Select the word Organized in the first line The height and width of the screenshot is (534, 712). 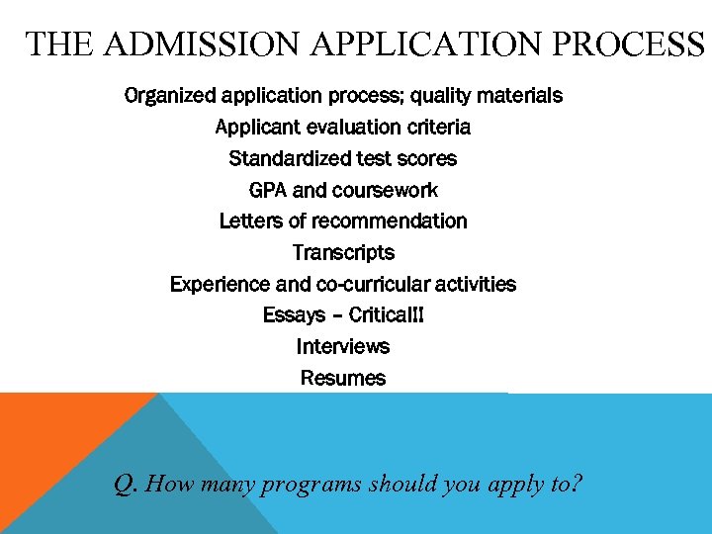pyautogui.click(x=169, y=96)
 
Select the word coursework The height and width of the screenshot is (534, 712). pyautogui.click(x=385, y=190)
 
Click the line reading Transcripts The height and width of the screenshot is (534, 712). pyautogui.click(x=343, y=252)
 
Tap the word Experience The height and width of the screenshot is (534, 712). pyautogui.click(x=220, y=284)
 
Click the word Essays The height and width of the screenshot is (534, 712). pyautogui.click(x=294, y=315)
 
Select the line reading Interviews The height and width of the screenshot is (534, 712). pyautogui.click(x=343, y=347)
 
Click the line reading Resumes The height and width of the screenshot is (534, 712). pyautogui.click(x=343, y=378)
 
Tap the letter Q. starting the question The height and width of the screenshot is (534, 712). pyautogui.click(x=125, y=485)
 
